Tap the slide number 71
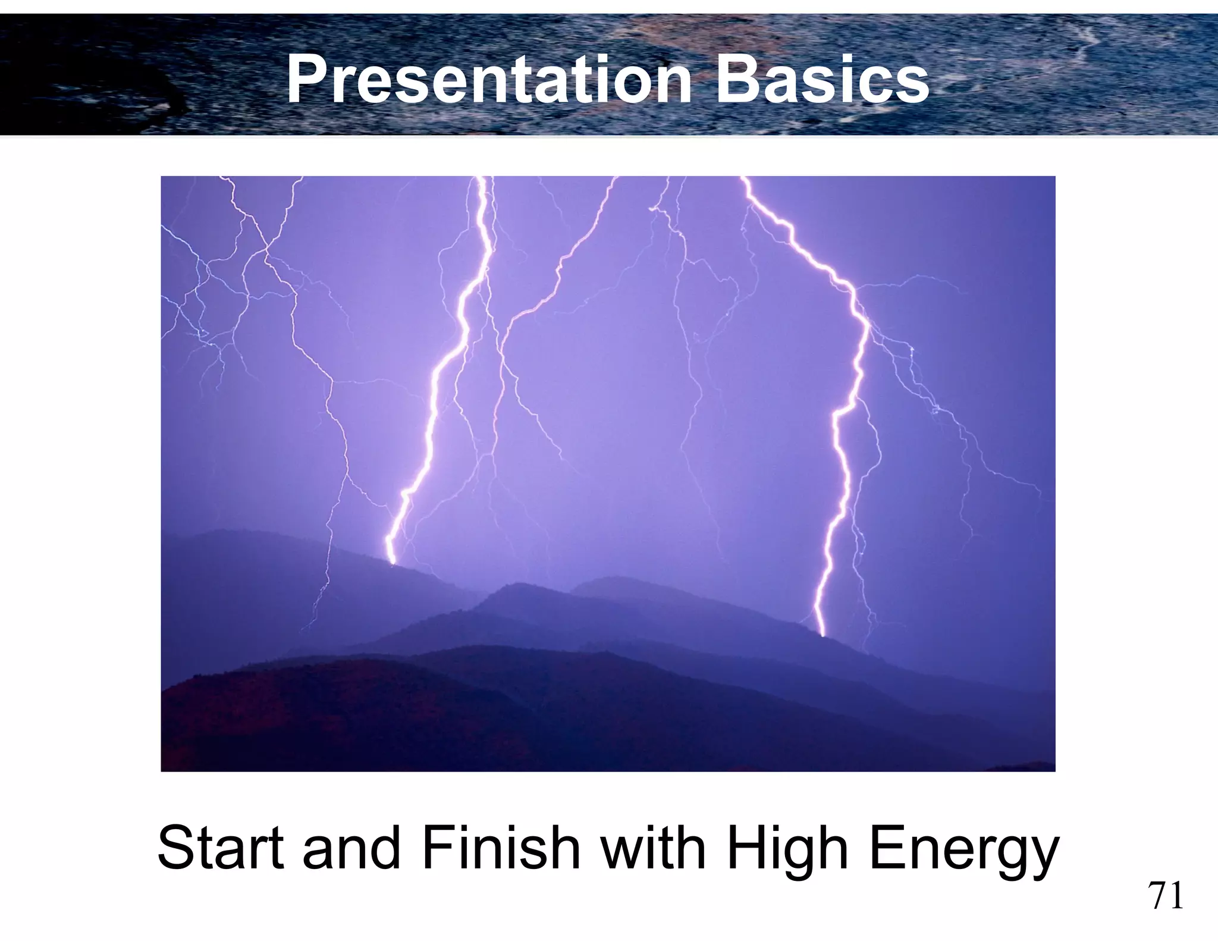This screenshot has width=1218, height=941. [x=1166, y=896]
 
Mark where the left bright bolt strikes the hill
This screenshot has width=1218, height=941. [x=392, y=562]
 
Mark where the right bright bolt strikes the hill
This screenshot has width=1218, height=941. [x=823, y=635]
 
